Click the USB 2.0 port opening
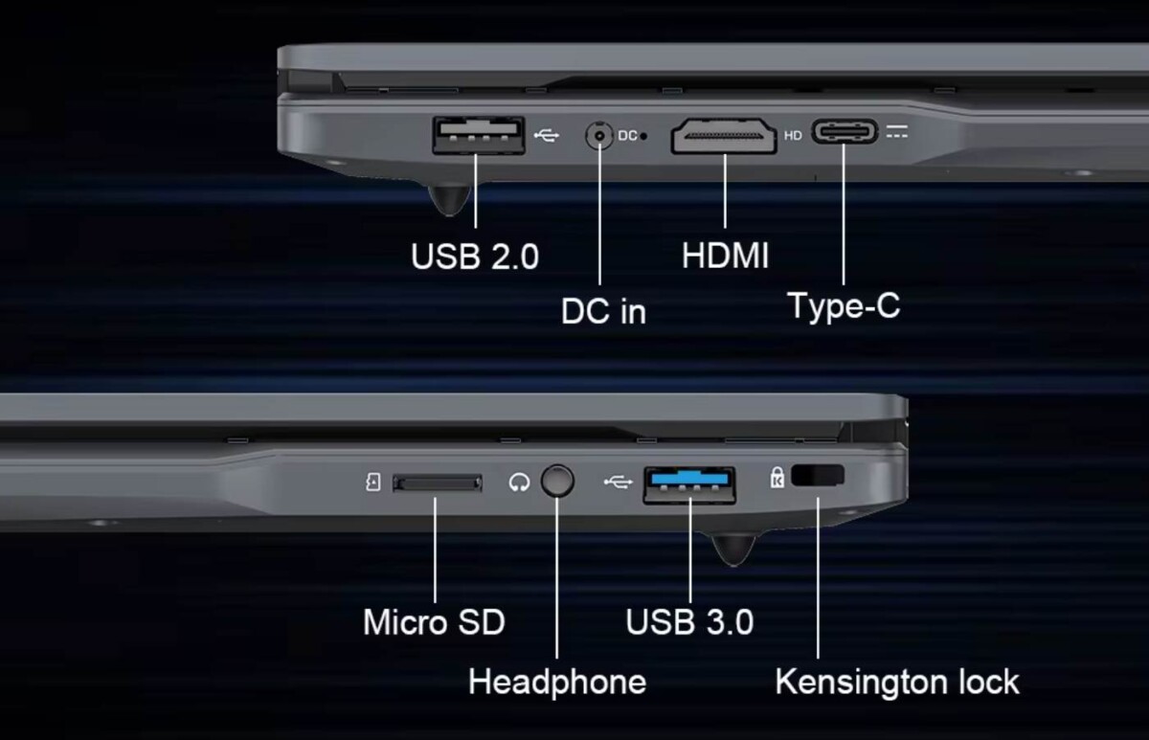tap(478, 135)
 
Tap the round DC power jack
tap(599, 136)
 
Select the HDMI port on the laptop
tap(724, 135)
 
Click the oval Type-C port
tap(845, 132)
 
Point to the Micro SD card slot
tap(438, 482)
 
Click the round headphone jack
tap(557, 481)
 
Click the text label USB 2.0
tap(475, 257)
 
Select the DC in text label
tap(603, 312)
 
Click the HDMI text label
tap(725, 256)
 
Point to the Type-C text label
tap(844, 305)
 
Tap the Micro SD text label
tap(434, 622)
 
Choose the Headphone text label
tap(557, 683)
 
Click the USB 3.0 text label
tap(689, 622)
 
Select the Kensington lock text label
tap(897, 683)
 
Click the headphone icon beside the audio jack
tap(519, 482)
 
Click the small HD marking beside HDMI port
tap(793, 136)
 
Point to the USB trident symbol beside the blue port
tap(618, 482)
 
